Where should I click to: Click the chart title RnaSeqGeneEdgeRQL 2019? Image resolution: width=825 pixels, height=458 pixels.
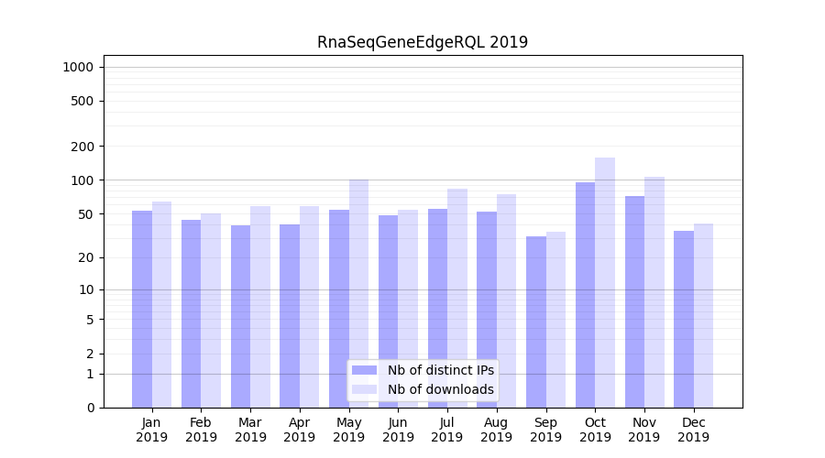point(423,42)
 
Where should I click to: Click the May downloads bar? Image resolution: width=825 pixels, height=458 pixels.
point(358,293)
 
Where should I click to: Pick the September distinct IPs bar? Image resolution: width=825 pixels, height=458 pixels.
point(536,322)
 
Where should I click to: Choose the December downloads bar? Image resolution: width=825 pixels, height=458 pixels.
point(703,315)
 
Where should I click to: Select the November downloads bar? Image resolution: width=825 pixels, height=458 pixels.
point(654,292)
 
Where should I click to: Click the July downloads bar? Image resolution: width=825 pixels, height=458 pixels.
point(457,298)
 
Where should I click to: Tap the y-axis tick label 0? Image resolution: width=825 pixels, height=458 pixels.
point(90,408)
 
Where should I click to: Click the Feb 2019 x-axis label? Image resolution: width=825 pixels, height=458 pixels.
point(201,430)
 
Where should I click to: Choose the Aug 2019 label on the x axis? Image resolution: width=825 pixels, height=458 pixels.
point(497,430)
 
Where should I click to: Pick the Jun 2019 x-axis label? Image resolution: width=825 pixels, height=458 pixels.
point(398,430)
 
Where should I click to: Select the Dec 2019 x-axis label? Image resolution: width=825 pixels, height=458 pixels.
point(694,430)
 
